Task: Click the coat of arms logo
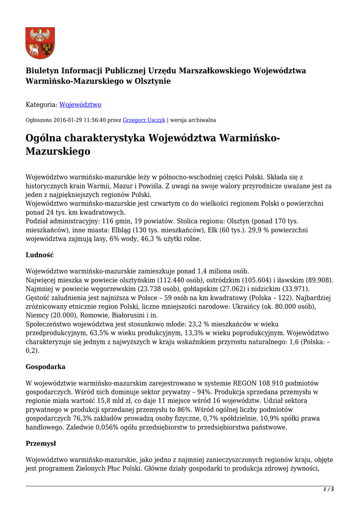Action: coord(40,43)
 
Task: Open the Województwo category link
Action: coord(80,105)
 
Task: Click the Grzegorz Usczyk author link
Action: coord(144,120)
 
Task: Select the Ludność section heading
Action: coord(40,255)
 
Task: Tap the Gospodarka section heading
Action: coord(45,367)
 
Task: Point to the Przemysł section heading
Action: coord(41,444)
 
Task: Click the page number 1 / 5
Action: coord(329,490)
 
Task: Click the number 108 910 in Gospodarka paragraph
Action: coord(261,383)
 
